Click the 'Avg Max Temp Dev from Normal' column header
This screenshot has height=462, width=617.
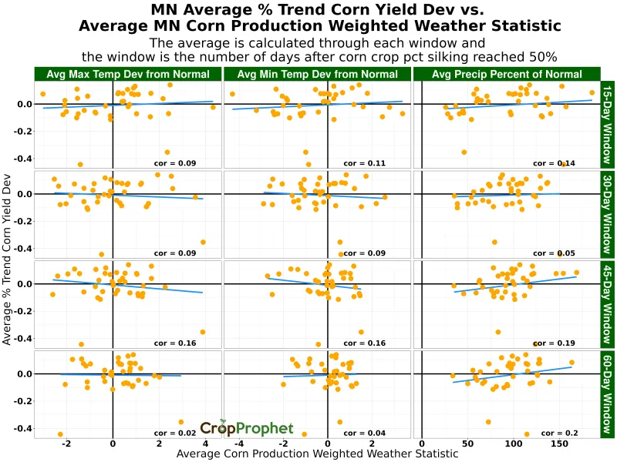(x=128, y=74)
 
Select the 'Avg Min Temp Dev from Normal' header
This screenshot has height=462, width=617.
(x=318, y=74)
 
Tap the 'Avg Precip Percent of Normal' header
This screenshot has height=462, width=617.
(x=507, y=74)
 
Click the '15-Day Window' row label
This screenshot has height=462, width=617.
(x=607, y=123)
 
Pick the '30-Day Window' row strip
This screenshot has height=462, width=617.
(x=607, y=213)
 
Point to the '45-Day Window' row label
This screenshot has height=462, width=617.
(x=607, y=303)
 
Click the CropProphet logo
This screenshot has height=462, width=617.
(x=246, y=429)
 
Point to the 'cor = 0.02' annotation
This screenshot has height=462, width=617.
(x=174, y=434)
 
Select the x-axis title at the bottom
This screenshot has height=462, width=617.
(x=317, y=454)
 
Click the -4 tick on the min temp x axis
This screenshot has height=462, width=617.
(x=239, y=444)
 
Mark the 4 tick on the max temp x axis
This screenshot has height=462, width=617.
(x=205, y=444)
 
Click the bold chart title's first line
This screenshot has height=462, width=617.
(x=317, y=9)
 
